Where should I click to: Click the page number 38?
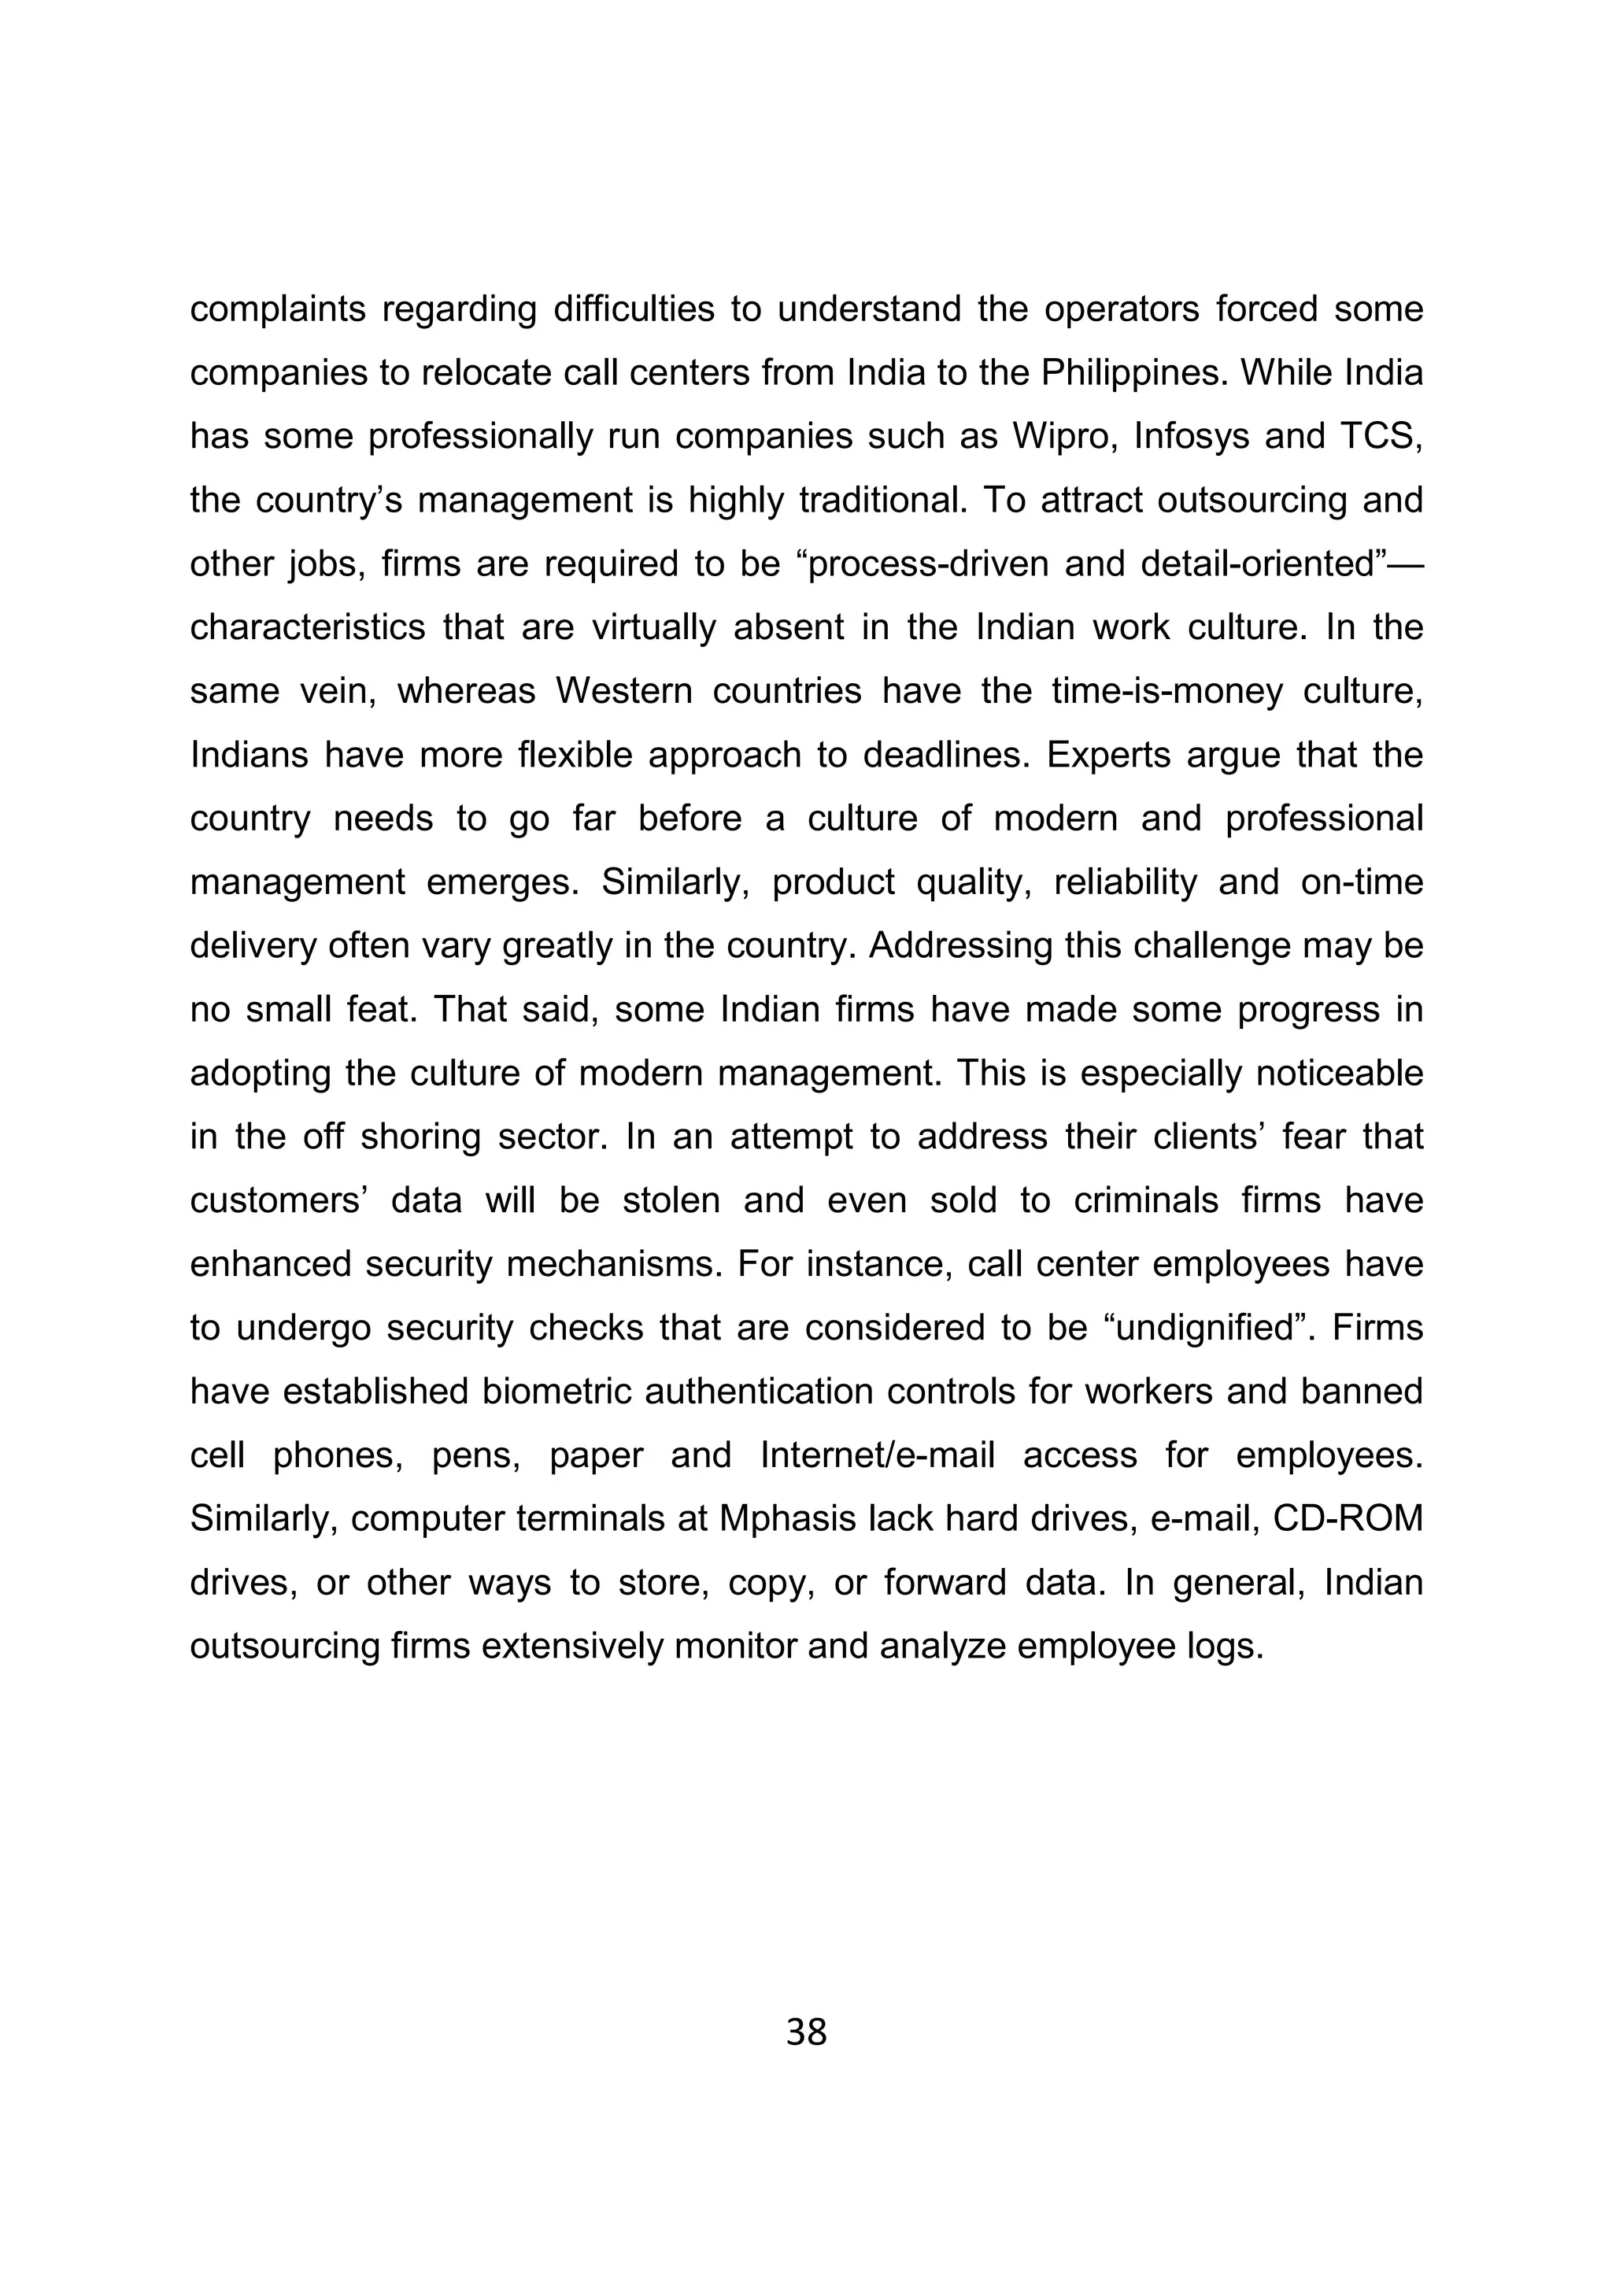tap(805, 2032)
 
